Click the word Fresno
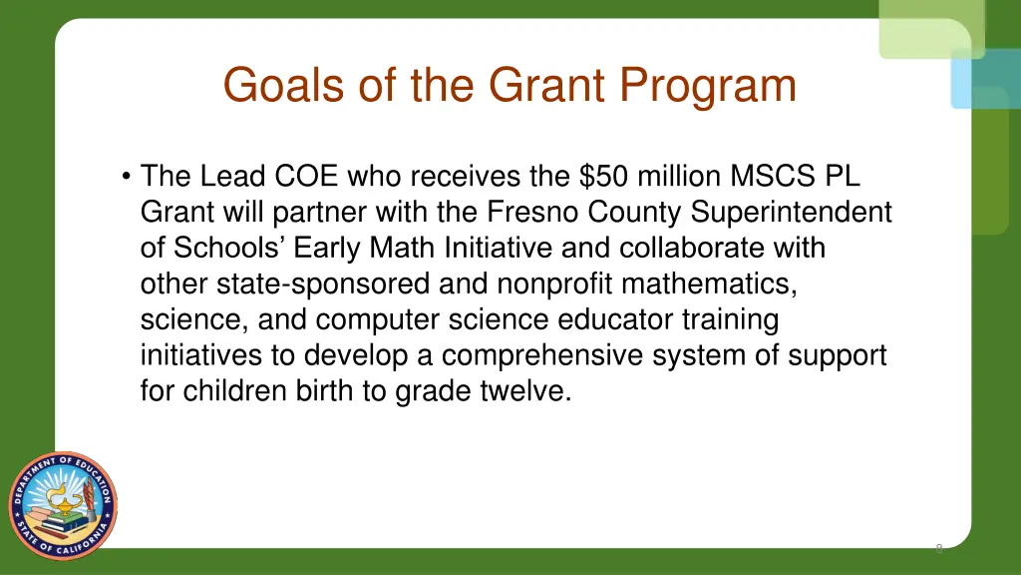(x=533, y=214)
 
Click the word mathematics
(x=710, y=285)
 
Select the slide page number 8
(x=939, y=548)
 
